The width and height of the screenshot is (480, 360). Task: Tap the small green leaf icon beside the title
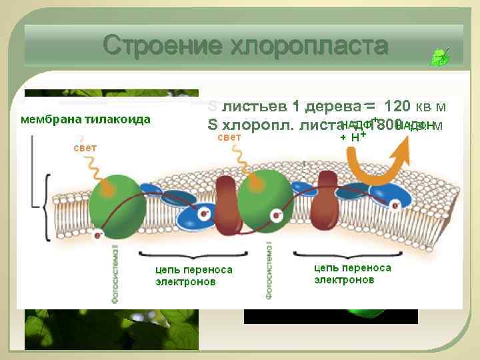[441, 57]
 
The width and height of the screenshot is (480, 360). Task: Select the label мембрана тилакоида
[85, 119]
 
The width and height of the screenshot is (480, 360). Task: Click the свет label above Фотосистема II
[85, 147]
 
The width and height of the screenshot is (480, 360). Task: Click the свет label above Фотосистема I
[229, 137]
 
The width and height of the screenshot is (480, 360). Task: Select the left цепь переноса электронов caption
[193, 275]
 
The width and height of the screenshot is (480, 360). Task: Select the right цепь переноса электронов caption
[352, 273]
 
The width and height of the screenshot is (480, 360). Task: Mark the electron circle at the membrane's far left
[98, 235]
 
